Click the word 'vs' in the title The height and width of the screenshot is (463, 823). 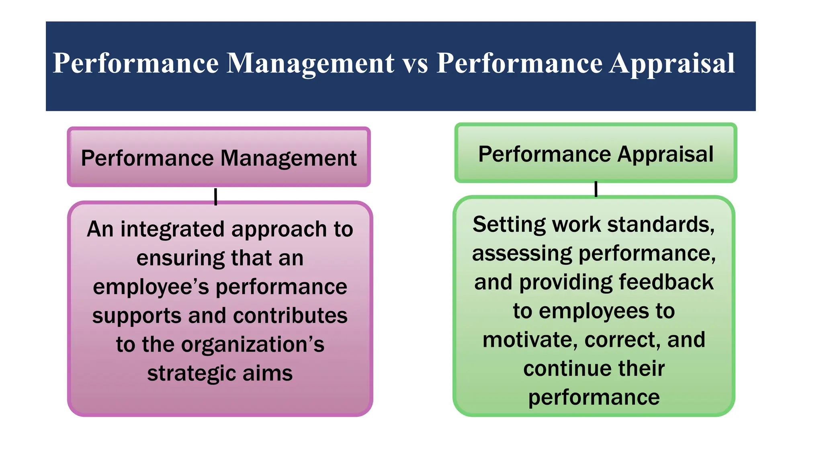416,64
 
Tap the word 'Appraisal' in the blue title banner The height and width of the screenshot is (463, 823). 672,64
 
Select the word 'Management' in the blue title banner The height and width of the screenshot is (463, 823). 310,64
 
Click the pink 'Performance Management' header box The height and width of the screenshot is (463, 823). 219,157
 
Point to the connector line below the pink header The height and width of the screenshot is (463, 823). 216,197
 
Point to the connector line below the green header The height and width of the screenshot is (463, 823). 596,189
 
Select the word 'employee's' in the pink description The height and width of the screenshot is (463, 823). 151,287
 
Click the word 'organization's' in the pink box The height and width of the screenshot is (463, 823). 253,345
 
